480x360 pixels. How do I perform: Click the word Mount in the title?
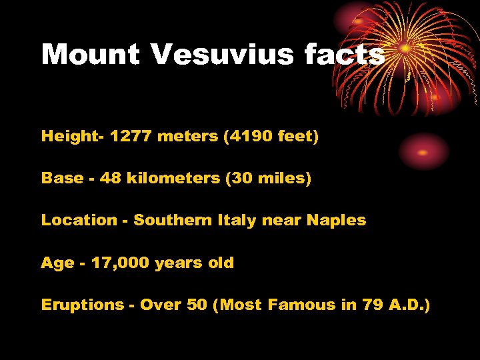point(89,54)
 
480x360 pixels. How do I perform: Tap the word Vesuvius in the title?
point(221,54)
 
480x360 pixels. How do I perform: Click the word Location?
point(79,221)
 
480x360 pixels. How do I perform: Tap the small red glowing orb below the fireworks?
point(424,151)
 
